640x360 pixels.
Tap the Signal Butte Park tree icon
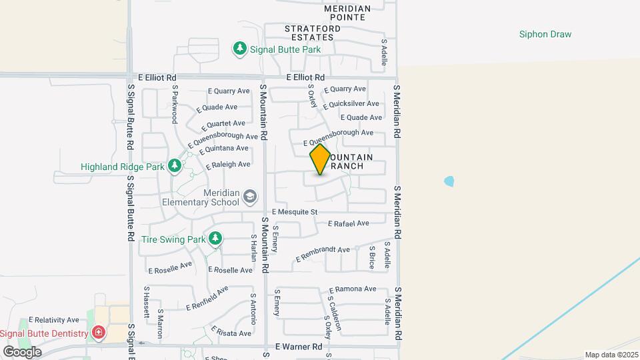tap(239, 49)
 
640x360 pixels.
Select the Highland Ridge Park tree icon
tap(175, 165)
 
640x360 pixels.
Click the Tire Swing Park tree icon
tap(215, 238)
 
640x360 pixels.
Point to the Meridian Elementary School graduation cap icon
tap(249, 196)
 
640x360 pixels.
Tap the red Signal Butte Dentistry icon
tap(99, 333)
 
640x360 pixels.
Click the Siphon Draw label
tap(545, 34)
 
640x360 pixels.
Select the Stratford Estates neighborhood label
tap(313, 33)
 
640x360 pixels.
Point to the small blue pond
tap(449, 181)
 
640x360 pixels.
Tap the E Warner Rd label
tap(299, 347)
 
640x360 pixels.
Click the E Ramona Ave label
tap(353, 289)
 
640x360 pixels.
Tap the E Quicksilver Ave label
tap(351, 104)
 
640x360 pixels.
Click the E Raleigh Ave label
tap(228, 164)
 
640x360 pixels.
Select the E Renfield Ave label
tap(207, 298)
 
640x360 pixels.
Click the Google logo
tap(22, 351)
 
